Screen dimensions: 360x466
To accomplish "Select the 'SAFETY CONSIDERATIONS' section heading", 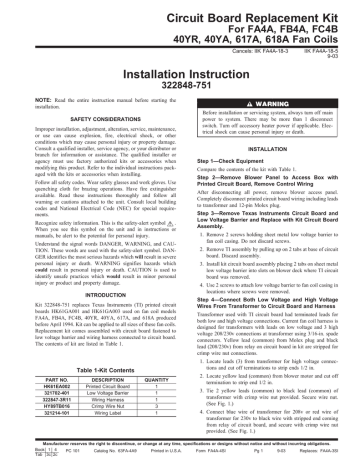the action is pos(90,139).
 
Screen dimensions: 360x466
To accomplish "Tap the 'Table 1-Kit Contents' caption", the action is pos(90,370).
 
